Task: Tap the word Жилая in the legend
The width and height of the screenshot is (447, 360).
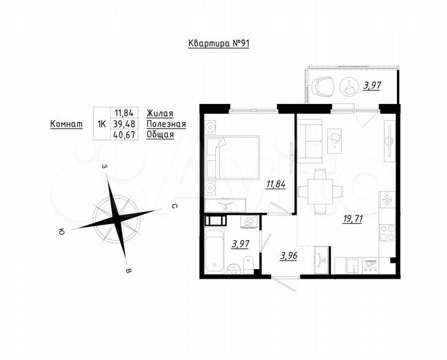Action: click(x=160, y=113)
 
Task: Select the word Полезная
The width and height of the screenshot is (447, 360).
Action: click(x=166, y=123)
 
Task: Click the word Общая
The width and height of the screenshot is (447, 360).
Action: click(x=160, y=134)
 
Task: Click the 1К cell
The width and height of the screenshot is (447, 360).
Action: click(x=101, y=123)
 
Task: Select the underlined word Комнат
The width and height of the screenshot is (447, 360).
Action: click(x=66, y=123)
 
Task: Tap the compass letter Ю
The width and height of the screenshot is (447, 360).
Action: click(x=61, y=232)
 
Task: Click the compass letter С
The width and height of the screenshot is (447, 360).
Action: click(x=173, y=207)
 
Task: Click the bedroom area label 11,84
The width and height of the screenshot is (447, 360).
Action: click(x=275, y=185)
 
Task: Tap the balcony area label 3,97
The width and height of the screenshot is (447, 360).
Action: click(x=371, y=85)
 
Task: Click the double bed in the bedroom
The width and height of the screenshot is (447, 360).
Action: click(x=232, y=157)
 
